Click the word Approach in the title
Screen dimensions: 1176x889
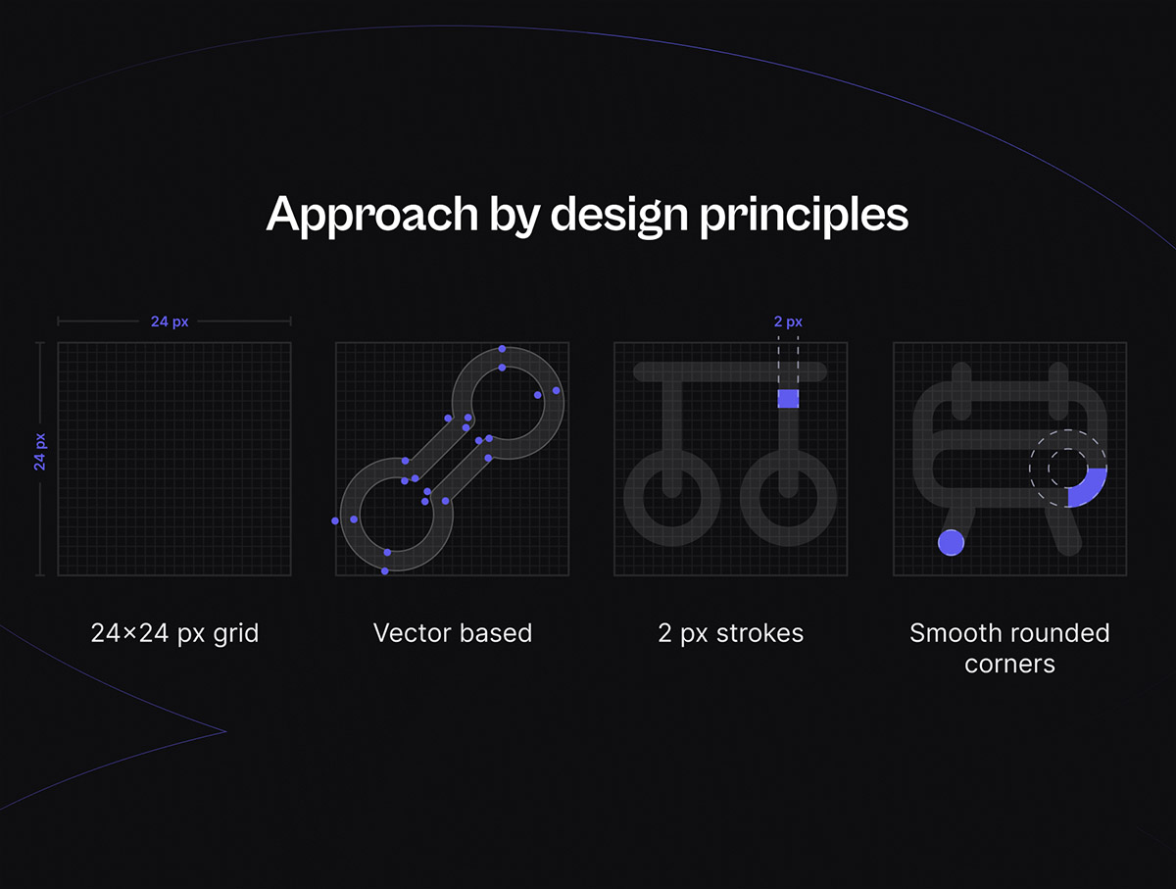pos(371,215)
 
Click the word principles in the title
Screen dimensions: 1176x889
pos(805,215)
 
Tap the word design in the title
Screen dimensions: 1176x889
pos(618,215)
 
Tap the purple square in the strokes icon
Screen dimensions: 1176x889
pos(788,399)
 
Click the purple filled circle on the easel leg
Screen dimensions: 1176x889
pos(951,542)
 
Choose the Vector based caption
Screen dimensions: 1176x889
pos(453,633)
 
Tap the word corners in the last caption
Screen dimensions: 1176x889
pos(1010,665)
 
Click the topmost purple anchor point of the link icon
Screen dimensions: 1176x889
pos(502,349)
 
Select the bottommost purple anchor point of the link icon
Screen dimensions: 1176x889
pos(385,571)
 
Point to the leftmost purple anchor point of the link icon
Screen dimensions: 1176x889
pos(335,520)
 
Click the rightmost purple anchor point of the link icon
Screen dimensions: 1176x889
pos(556,391)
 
